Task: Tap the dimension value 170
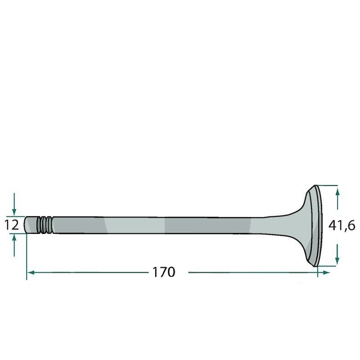coord(163,272)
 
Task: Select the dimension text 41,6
coord(342,225)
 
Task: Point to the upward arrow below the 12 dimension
coord(15,241)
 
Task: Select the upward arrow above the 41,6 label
coord(337,193)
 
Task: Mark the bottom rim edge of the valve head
coord(316,264)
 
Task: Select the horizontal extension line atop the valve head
coord(328,185)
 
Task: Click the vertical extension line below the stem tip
coord(27,256)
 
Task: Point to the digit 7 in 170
coord(162,272)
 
